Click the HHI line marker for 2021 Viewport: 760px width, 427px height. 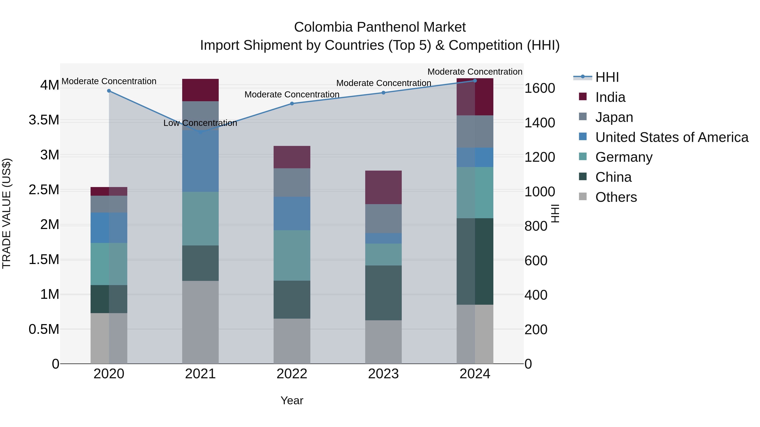pyautogui.click(x=200, y=132)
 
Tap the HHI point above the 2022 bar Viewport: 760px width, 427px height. pyautogui.click(x=292, y=104)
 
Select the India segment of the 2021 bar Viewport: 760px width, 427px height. pyautogui.click(x=200, y=90)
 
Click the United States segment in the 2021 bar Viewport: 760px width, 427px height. pyautogui.click(x=200, y=161)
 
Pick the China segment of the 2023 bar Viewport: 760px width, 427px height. pyautogui.click(x=383, y=293)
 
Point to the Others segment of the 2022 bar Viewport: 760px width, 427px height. pyautogui.click(x=292, y=341)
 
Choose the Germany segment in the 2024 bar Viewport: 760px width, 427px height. pyautogui.click(x=475, y=193)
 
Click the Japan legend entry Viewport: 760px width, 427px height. pyautogui.click(x=614, y=117)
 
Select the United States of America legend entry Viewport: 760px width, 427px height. pyautogui.click(x=672, y=137)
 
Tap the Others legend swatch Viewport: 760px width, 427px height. pyautogui.click(x=583, y=196)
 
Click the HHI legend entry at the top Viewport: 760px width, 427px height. pyautogui.click(x=607, y=77)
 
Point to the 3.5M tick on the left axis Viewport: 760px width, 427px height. pyautogui.click(x=44, y=120)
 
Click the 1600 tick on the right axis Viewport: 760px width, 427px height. pyautogui.click(x=540, y=88)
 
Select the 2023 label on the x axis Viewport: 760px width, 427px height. pyautogui.click(x=383, y=374)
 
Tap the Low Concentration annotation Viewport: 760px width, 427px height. pyautogui.click(x=200, y=123)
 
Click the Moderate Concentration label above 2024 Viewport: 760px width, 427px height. pyautogui.click(x=475, y=72)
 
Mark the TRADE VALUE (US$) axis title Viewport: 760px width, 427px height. pyautogui.click(x=7, y=213)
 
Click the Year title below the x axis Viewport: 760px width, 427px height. pyautogui.click(x=292, y=400)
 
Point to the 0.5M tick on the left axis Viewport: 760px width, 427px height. pyautogui.click(x=44, y=329)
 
